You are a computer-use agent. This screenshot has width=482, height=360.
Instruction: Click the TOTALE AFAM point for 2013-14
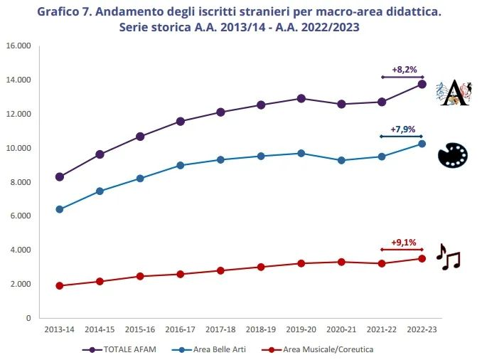pos(60,176)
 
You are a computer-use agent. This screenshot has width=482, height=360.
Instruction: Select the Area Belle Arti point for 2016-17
pos(181,165)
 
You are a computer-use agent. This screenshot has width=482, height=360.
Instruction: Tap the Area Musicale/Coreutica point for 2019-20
pos(301,263)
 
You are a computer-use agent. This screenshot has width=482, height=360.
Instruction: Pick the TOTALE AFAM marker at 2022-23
pos(422,84)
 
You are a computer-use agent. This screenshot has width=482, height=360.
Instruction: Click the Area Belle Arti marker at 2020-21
pos(342,160)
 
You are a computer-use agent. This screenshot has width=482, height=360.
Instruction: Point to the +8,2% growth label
pos(403,70)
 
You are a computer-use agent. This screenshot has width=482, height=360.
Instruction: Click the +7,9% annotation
pos(402,129)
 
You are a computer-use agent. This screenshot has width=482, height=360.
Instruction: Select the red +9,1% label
pos(402,242)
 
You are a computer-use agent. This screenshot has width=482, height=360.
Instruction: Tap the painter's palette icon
pos(452,155)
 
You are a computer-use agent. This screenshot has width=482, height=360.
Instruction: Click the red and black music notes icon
pos(449,257)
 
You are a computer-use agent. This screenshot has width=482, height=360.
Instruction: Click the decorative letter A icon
pos(453,94)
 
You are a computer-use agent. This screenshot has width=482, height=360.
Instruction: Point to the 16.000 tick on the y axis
pos(18,46)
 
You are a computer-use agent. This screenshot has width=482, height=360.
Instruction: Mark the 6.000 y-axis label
pos(18,216)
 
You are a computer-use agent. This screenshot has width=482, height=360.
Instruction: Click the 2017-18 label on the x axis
pos(220,330)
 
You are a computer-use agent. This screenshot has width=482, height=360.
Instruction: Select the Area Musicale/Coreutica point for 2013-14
pos(60,285)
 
